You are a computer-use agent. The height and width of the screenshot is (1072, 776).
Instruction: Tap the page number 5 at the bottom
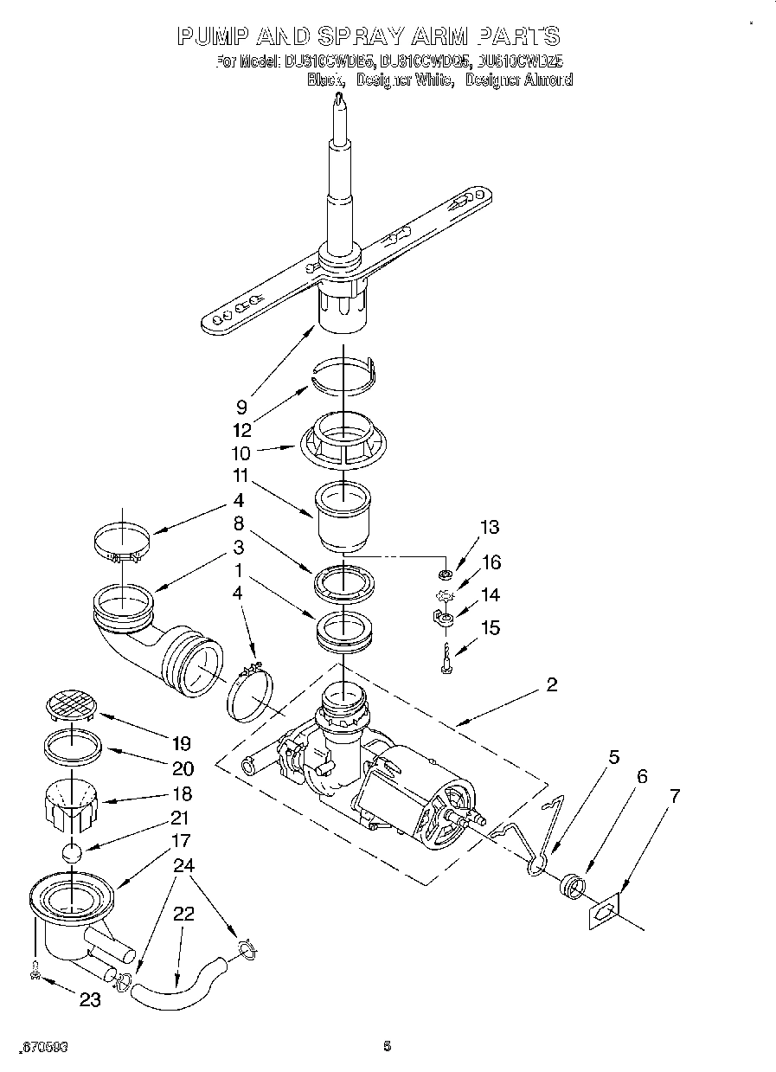[387, 1046]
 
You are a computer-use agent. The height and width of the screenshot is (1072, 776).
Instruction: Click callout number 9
[242, 406]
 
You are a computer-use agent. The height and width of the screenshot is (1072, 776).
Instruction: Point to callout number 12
[243, 428]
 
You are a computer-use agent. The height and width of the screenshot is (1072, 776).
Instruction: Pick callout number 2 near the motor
[552, 685]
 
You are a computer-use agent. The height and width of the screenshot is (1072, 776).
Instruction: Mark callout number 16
[491, 562]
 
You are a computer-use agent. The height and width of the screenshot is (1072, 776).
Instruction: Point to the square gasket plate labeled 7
[606, 913]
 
